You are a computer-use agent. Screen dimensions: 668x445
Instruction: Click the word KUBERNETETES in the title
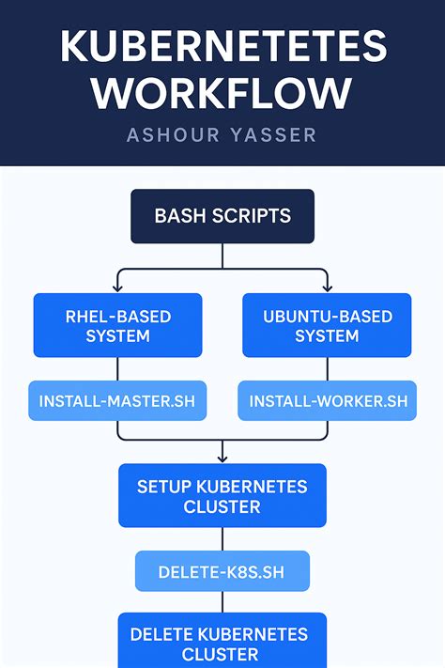[x=222, y=46]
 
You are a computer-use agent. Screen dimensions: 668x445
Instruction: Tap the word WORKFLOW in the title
[x=222, y=93]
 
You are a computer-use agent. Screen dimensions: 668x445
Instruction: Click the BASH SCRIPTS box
[x=222, y=216]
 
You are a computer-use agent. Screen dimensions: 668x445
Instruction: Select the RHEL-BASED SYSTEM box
[x=117, y=325]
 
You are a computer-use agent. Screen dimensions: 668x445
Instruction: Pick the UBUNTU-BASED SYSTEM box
[x=327, y=325]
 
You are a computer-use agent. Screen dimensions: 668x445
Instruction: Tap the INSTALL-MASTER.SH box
[x=117, y=401]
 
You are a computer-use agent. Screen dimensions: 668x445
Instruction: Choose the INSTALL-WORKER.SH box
[x=328, y=401]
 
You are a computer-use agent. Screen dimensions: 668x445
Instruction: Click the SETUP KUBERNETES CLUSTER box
[x=222, y=496]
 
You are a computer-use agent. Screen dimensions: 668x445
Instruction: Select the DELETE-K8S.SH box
[x=222, y=571]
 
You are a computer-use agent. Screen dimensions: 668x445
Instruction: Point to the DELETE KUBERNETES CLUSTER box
[x=222, y=643]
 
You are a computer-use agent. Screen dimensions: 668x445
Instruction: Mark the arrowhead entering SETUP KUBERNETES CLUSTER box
[x=222, y=458]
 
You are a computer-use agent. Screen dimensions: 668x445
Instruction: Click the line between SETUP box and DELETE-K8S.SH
[x=222, y=539]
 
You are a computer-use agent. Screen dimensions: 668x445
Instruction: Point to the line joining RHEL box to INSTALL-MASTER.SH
[x=117, y=369]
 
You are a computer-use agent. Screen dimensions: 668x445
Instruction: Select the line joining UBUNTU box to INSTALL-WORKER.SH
[x=327, y=369]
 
